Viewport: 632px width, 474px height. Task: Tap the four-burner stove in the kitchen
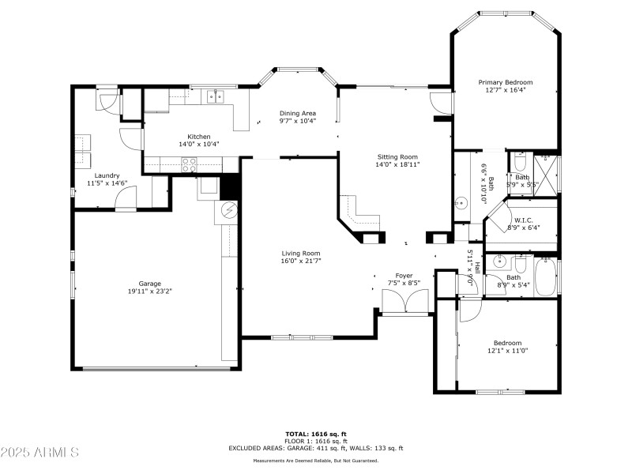point(190,164)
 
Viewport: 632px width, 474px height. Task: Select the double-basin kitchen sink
point(215,96)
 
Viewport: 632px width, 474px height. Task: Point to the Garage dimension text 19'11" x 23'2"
point(150,292)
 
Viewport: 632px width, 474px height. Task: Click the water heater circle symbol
point(228,211)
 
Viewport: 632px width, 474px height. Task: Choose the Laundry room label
point(107,175)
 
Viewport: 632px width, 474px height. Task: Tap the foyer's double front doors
point(404,301)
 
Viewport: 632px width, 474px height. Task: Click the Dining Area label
point(297,113)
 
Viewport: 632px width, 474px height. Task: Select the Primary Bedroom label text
point(506,82)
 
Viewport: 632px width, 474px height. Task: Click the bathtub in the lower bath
point(547,276)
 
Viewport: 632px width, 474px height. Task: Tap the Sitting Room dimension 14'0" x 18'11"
point(397,164)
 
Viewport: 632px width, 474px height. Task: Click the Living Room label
point(301,253)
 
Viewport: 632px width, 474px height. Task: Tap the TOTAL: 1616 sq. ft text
point(315,434)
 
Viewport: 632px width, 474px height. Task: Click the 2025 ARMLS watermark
point(39,453)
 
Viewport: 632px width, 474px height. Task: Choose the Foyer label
point(404,275)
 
